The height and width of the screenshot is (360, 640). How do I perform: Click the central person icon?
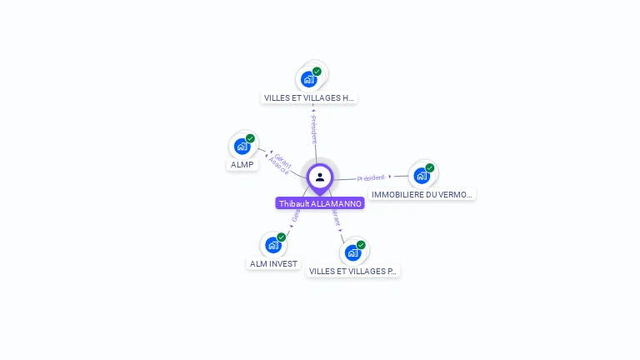click(320, 177)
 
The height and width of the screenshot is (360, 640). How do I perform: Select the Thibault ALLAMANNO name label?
click(320, 203)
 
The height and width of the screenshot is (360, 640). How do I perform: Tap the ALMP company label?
click(242, 165)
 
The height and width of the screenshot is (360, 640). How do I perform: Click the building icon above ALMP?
click(242, 147)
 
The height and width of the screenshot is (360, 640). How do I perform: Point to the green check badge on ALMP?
click(250, 138)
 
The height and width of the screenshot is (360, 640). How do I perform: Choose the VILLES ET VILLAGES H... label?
click(309, 97)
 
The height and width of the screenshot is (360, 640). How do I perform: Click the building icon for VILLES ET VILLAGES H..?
click(309, 79)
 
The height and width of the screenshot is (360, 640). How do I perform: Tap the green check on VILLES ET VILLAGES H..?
click(317, 71)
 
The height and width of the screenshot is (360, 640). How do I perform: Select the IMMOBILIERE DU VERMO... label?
click(422, 194)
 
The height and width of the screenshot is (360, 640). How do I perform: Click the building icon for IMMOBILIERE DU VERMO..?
click(422, 175)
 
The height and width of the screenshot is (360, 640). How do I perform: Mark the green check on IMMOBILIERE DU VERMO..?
click(430, 167)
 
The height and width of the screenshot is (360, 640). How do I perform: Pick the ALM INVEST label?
click(273, 263)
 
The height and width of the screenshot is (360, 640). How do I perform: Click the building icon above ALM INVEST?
click(272, 245)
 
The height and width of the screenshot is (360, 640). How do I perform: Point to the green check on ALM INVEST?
click(281, 237)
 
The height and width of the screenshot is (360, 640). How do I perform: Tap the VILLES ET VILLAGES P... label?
click(353, 271)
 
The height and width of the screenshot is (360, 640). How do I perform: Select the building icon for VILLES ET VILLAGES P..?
click(352, 252)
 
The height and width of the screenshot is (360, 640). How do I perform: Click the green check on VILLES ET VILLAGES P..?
click(361, 245)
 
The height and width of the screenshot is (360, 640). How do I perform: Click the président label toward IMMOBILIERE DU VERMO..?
click(371, 177)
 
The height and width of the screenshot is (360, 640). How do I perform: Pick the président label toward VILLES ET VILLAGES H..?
click(313, 129)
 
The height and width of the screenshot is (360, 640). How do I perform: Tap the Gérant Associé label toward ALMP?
click(281, 164)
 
